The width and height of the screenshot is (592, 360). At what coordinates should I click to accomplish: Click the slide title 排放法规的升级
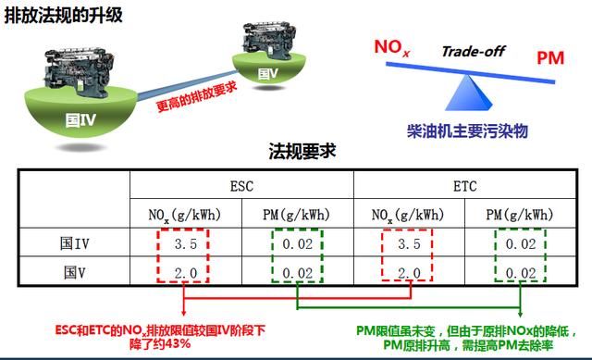[64, 16]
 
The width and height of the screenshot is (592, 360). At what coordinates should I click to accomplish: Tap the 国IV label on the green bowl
[80, 120]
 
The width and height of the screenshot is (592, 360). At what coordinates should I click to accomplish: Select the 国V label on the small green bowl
[267, 73]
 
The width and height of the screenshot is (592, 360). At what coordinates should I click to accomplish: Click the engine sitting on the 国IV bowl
[79, 70]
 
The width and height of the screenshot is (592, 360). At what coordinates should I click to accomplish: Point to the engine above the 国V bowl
[268, 41]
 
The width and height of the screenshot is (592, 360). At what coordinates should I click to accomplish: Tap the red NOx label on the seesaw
[391, 48]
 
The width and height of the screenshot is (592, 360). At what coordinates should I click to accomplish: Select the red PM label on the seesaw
[550, 57]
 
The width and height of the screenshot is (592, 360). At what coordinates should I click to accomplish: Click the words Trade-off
[474, 51]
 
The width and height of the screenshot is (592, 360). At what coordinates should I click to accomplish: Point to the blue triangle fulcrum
[469, 93]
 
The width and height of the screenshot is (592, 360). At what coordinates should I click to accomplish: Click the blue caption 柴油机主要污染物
[467, 130]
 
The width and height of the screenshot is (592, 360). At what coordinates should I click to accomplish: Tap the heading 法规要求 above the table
[302, 151]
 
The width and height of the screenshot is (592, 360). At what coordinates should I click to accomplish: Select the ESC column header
[241, 186]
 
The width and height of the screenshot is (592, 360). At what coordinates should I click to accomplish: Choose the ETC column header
[464, 186]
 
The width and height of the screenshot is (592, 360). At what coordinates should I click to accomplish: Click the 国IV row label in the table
[74, 243]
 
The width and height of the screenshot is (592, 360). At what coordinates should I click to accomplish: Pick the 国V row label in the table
[74, 272]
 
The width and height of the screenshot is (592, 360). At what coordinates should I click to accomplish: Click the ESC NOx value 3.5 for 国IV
[185, 244]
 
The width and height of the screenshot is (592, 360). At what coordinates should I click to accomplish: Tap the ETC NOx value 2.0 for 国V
[409, 273]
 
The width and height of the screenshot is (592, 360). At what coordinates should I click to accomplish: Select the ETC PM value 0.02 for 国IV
[521, 244]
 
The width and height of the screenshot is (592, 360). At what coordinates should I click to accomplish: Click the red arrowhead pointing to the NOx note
[183, 313]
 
